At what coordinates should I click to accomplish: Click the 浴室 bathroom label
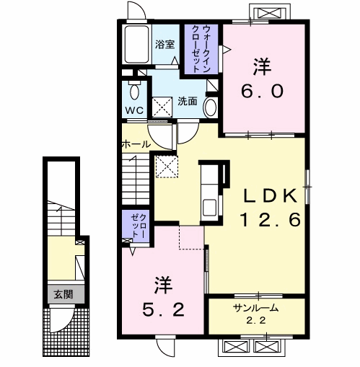coord(164,45)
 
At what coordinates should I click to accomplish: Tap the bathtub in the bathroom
coord(136,44)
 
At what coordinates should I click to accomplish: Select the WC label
coord(134,110)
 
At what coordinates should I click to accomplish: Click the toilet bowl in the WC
coord(134,92)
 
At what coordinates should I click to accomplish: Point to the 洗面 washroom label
coord(188,101)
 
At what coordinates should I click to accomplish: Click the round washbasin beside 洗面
coord(210,107)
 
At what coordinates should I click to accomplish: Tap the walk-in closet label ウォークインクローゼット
coord(201,49)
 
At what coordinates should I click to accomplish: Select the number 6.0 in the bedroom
coord(263,92)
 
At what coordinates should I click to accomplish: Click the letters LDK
coord(270,195)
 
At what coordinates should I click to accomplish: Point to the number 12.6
coord(271,220)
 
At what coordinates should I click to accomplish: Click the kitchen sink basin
coord(209,208)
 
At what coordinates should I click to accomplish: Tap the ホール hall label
coord(136,144)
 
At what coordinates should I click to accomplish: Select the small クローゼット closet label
coord(139,226)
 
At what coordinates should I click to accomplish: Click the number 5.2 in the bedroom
coord(164,309)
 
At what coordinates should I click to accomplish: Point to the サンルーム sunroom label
coord(256,308)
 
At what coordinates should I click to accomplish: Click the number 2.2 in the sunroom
coord(256,320)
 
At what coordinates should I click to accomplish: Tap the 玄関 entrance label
coord(63,294)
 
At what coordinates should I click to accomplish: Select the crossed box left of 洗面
coord(162,107)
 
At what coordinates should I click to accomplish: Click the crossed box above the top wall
coord(270,13)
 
